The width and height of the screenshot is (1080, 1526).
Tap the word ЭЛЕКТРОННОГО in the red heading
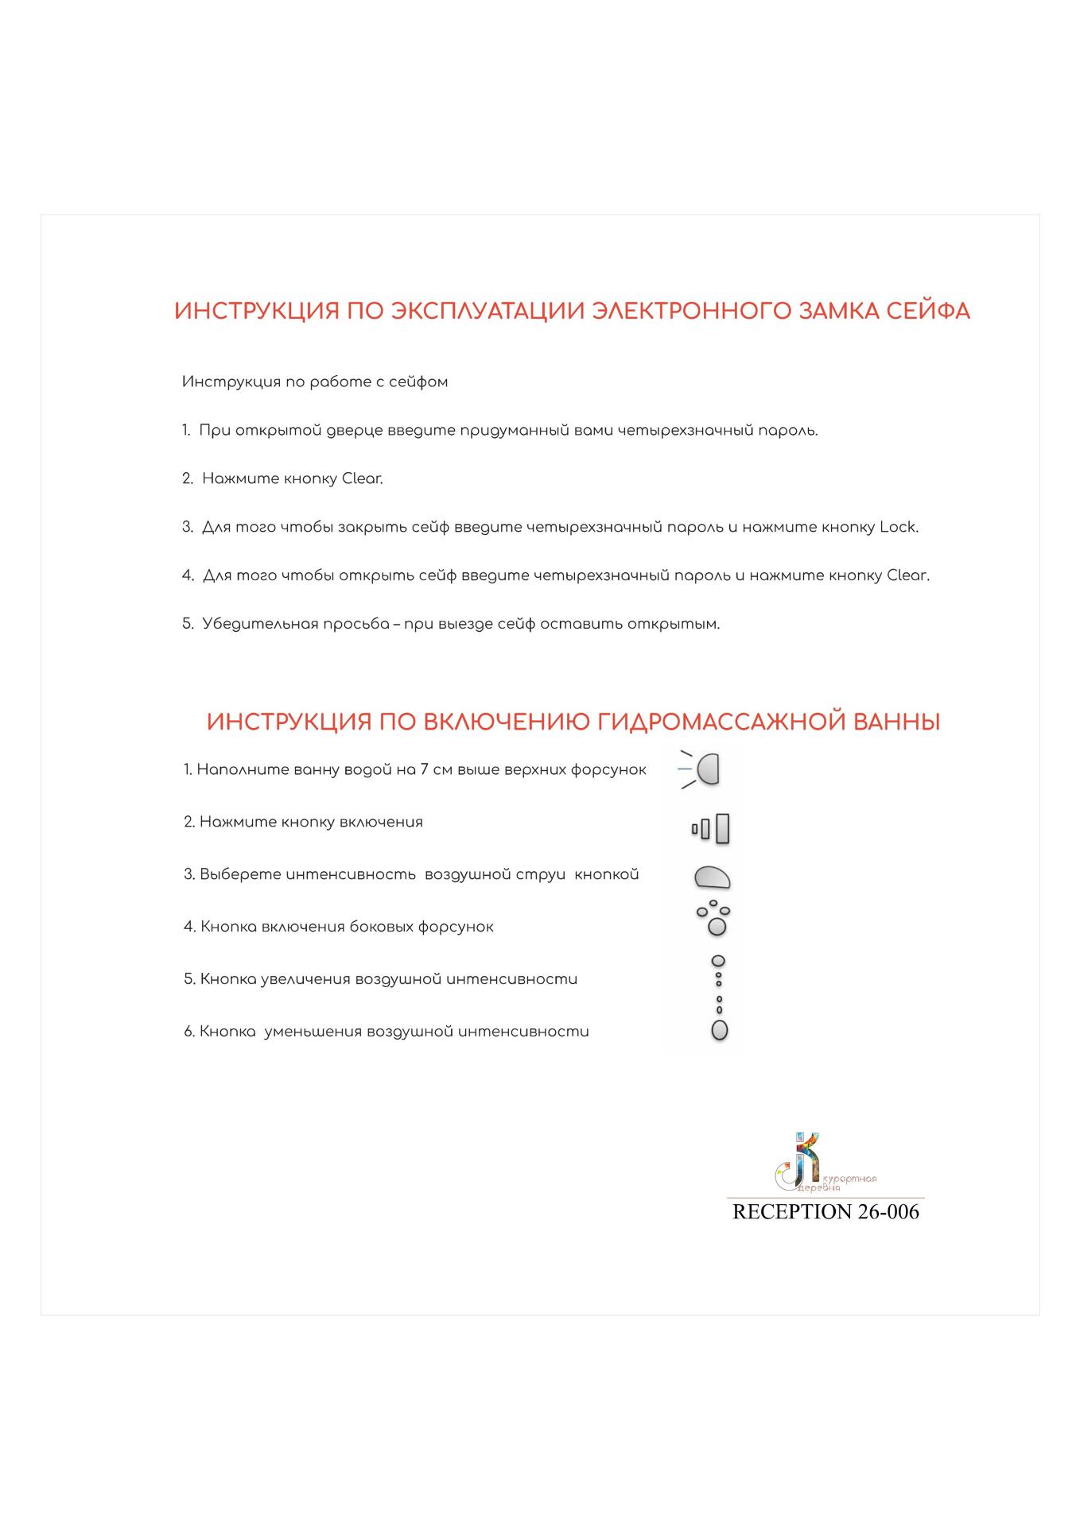click(690, 311)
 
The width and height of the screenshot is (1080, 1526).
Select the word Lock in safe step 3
click(898, 527)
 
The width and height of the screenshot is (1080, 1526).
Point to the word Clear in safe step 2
click(362, 478)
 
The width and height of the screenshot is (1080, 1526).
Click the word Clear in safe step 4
click(907, 575)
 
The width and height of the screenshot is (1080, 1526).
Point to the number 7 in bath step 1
click(425, 769)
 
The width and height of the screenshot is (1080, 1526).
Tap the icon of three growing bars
click(711, 829)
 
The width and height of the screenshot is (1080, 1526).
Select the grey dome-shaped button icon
click(712, 877)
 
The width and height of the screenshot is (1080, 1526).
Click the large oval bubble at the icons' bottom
click(719, 1030)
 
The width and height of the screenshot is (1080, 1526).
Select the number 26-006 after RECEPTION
click(888, 1211)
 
